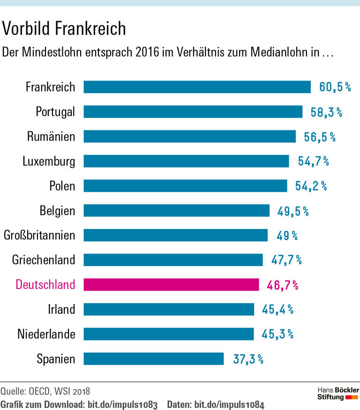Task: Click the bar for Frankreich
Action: pyautogui.click(x=197, y=87)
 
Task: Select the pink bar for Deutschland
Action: pyautogui.click(x=171, y=285)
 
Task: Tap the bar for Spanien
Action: pyautogui.click(x=154, y=359)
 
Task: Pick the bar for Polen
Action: pyautogui.click(x=185, y=186)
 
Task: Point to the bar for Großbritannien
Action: pyautogui.click(x=175, y=235)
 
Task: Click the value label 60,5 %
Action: pyautogui.click(x=335, y=87)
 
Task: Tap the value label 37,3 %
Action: pyautogui.click(x=248, y=359)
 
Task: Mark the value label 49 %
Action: pyautogui.click(x=287, y=235)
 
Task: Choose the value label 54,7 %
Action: pyautogui.click(x=313, y=161)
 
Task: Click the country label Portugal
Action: pyautogui.click(x=55, y=112)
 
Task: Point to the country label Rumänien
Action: pyautogui.click(x=51, y=137)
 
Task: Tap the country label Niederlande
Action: pyautogui.click(x=46, y=334)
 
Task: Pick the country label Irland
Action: pyautogui.click(x=61, y=310)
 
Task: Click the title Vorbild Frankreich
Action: pyautogui.click(x=64, y=29)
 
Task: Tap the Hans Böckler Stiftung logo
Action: pyautogui.click(x=338, y=394)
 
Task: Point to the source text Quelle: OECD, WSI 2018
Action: pyautogui.click(x=45, y=390)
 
